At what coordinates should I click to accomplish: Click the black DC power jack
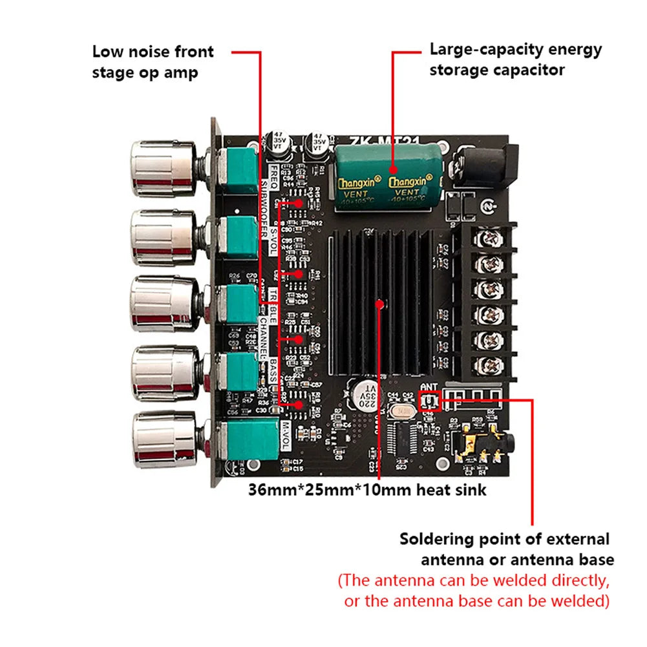(x=485, y=165)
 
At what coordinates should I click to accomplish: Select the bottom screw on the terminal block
(x=492, y=364)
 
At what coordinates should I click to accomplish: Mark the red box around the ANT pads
(x=429, y=402)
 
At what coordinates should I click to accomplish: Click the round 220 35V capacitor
(x=366, y=392)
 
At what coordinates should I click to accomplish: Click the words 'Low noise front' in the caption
(x=153, y=52)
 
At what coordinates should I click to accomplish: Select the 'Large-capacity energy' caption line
(x=516, y=49)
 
